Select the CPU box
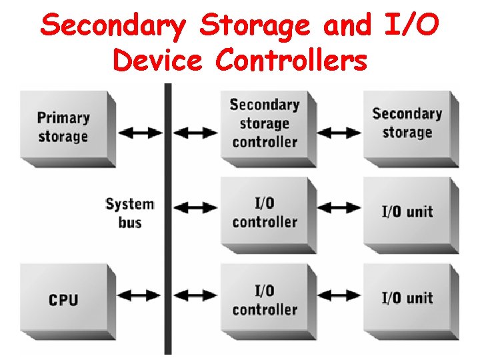tap(64, 299)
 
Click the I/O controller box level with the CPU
tap(265, 299)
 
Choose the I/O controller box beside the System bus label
tap(265, 213)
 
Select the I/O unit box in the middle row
tap(407, 212)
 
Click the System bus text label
tap(129, 213)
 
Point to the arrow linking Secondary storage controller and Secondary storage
tap(339, 132)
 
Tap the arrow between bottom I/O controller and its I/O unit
tap(339, 294)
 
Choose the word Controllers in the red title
tap(291, 60)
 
